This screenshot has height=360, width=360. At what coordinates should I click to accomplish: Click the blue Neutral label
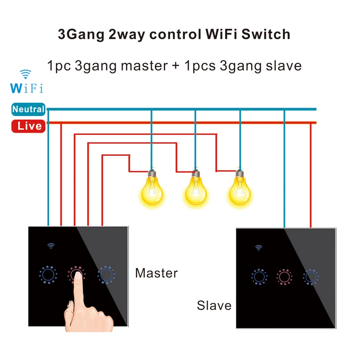coord(28,109)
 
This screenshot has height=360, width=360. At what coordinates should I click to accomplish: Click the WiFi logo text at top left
coord(27,87)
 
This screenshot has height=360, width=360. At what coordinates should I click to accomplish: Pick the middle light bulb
coord(195,190)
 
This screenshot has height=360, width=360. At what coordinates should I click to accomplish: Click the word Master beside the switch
coord(156,273)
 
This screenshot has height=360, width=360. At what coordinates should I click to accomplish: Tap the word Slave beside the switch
coord(214,306)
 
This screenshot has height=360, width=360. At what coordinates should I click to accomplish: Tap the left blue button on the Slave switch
coord(259,276)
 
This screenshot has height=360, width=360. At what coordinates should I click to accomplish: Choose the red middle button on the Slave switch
coord(284,276)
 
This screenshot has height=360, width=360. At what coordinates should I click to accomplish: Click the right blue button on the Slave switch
coord(310,276)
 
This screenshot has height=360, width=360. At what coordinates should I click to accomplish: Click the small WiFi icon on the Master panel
coord(51,246)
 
